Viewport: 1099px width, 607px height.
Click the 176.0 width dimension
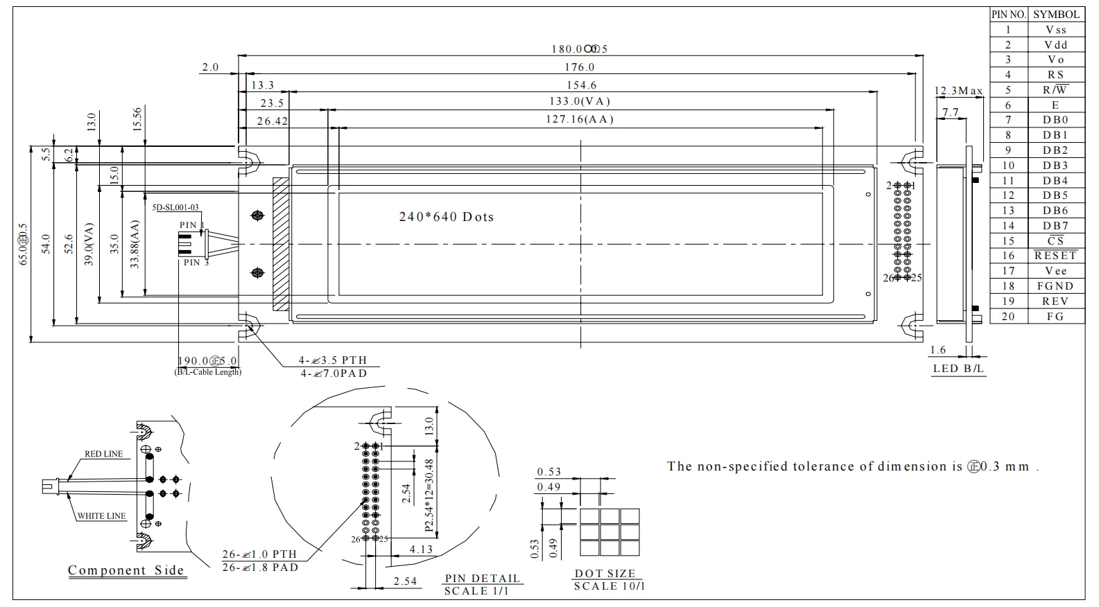pyautogui.click(x=580, y=67)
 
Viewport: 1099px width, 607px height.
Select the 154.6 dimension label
pyautogui.click(x=581, y=85)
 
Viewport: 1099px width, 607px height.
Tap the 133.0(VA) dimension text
pyautogui.click(x=580, y=101)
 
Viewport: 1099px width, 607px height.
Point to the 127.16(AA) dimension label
pyautogui.click(x=580, y=119)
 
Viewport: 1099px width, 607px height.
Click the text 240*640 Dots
pyautogui.click(x=447, y=217)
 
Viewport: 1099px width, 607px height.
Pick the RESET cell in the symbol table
pyautogui.click(x=1055, y=256)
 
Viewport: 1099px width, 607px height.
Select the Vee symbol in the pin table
pyautogui.click(x=1055, y=271)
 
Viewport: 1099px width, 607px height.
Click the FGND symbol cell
pyautogui.click(x=1055, y=286)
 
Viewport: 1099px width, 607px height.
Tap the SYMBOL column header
pyautogui.click(x=1056, y=14)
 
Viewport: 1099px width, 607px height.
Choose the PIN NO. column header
pyautogui.click(x=1008, y=14)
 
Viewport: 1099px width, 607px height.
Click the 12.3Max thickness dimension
pyautogui.click(x=958, y=91)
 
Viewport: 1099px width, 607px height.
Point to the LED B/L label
pyautogui.click(x=958, y=369)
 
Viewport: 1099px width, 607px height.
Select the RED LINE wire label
pyautogui.click(x=103, y=454)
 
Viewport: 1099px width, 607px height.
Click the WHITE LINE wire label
pyautogui.click(x=101, y=516)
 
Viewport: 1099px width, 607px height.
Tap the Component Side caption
pyautogui.click(x=126, y=570)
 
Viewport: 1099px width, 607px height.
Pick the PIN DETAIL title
pyautogui.click(x=482, y=579)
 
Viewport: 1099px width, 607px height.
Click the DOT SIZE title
pyautogui.click(x=605, y=574)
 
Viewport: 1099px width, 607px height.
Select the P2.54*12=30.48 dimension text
pyautogui.click(x=429, y=496)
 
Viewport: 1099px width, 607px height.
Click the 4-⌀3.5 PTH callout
pyautogui.click(x=333, y=360)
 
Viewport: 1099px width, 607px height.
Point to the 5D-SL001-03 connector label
pyautogui.click(x=175, y=207)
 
